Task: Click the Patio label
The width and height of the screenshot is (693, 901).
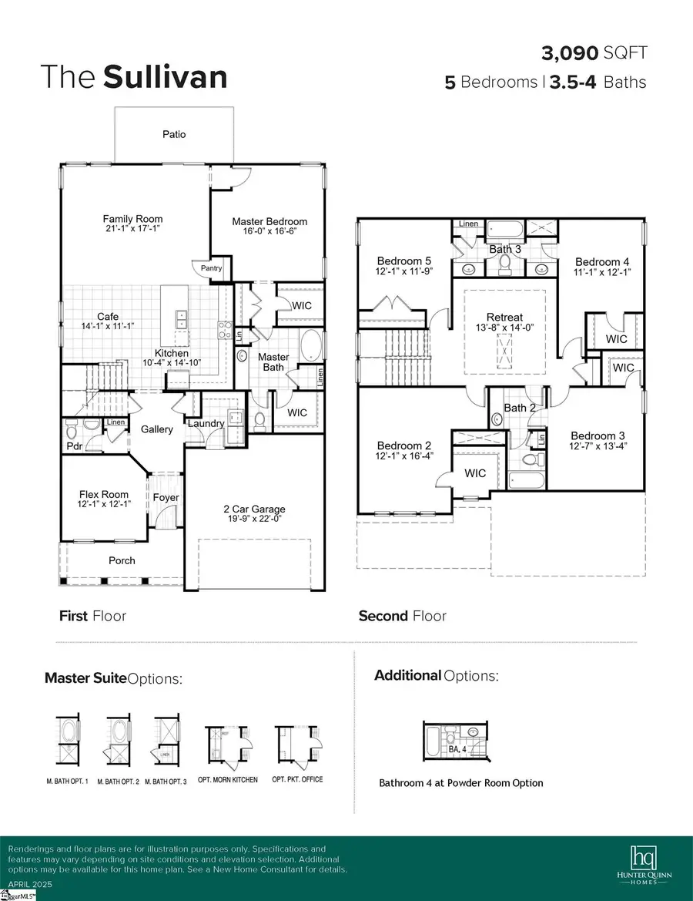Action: tap(173, 134)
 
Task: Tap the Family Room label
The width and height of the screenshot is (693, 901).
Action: tap(133, 219)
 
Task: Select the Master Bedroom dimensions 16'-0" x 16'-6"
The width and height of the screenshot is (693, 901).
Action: tap(269, 233)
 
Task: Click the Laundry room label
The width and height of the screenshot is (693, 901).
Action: tap(206, 423)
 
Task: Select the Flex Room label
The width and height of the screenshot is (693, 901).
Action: tap(104, 495)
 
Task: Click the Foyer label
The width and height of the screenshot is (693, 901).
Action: tap(166, 497)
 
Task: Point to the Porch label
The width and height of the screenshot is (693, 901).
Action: tap(122, 560)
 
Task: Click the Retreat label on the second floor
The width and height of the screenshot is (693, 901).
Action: tap(505, 317)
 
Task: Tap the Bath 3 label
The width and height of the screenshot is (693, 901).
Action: tap(505, 249)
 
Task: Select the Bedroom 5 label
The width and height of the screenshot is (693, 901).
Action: tap(400, 261)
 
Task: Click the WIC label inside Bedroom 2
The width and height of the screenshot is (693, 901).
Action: tap(475, 473)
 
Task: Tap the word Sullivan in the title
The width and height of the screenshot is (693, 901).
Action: tap(165, 77)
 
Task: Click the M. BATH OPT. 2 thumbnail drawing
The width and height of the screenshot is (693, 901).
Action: tap(119, 741)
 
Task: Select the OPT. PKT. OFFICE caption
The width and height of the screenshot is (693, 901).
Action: tap(298, 779)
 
